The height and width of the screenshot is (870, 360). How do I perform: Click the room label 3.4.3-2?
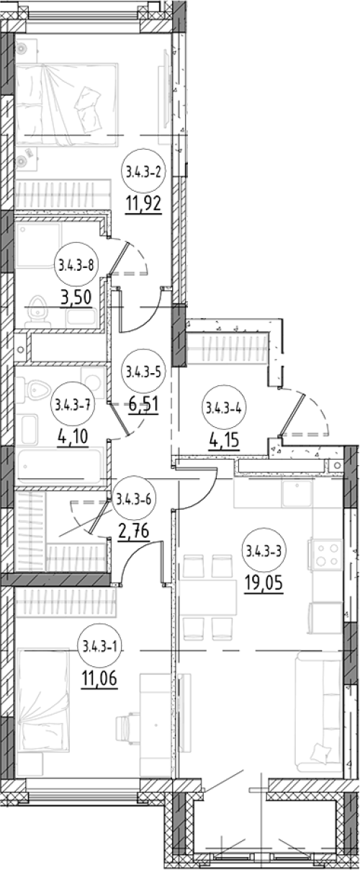tap(143, 171)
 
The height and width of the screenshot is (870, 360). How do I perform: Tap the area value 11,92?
tap(143, 204)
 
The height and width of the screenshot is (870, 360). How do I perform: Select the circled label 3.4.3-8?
tap(76, 266)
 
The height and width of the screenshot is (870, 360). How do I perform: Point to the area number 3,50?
tap(76, 298)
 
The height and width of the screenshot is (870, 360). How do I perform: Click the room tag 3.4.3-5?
tap(143, 372)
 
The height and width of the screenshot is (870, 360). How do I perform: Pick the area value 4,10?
tap(73, 436)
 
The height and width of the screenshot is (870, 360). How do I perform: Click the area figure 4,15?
tap(224, 441)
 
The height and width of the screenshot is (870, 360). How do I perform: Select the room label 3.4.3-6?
tap(133, 500)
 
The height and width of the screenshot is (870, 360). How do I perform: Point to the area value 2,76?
tap(134, 532)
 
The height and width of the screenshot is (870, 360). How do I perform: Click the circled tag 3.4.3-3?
tap(264, 550)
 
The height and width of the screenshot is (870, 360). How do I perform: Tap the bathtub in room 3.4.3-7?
tap(60, 467)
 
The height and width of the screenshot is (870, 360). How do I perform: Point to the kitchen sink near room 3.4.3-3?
tap(297, 493)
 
